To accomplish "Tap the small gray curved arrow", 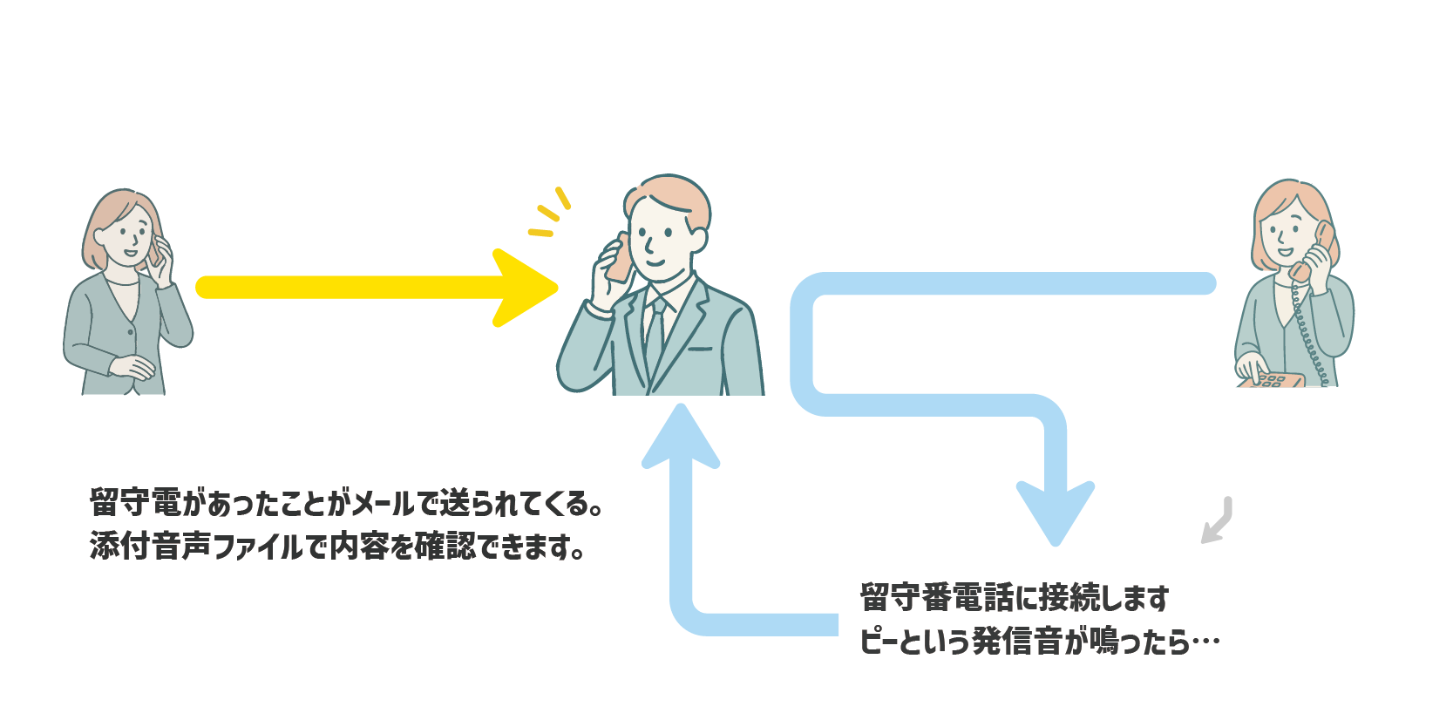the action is tap(1219, 521).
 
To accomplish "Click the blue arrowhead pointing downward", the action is tap(1056, 513).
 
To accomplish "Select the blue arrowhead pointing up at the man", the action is tap(681, 435).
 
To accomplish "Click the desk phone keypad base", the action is tap(1273, 380).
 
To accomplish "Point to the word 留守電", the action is tap(136, 503).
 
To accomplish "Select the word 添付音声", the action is tap(150, 546).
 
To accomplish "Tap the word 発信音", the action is tap(1017, 642).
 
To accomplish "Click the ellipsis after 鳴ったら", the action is tap(1205, 642).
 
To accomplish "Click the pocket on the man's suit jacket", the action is tap(700, 349).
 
